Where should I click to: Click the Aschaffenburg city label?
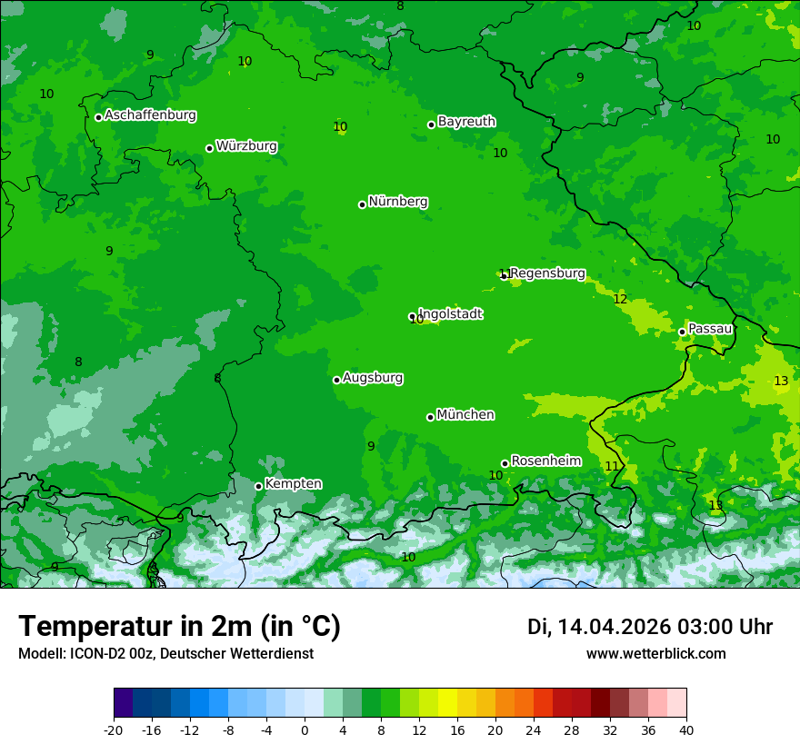coord(150,115)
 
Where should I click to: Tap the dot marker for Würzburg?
coord(209,148)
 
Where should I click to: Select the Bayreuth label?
coord(466,121)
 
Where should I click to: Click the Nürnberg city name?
coord(398,202)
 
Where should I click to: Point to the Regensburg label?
coord(547,273)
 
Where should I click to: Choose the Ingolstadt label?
coord(450,314)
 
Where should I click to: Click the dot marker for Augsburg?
coord(336,380)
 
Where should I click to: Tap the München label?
coord(465,415)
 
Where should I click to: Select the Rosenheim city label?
coord(545,461)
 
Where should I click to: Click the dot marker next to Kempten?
coord(258,486)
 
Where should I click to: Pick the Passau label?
coord(710,329)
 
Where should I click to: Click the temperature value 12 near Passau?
coord(620,299)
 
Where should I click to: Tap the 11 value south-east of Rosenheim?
coord(612,466)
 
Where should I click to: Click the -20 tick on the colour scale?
coord(113,729)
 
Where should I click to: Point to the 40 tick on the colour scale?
coord(686,729)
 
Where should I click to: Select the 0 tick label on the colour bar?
coord(305,729)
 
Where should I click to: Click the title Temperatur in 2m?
coord(179,626)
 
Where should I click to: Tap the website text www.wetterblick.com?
coord(655,653)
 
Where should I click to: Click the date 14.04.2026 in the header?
coord(614,627)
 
